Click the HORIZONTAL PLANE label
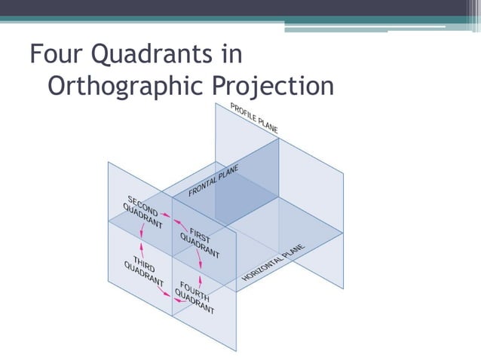tap(273, 263)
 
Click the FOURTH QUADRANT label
tap(195, 297)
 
